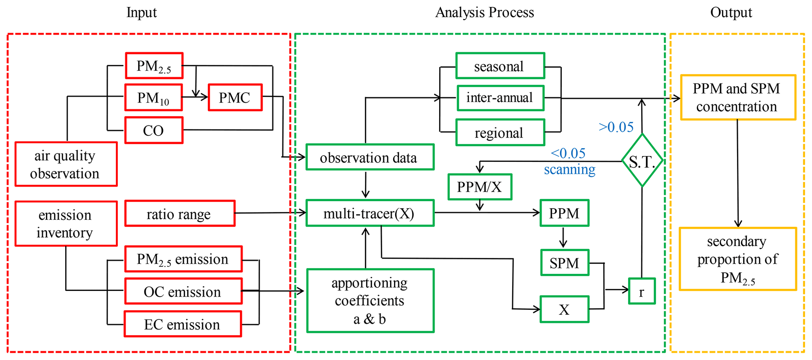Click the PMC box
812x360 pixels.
coord(235,97)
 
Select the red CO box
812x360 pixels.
coord(154,130)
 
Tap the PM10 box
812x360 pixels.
coord(154,97)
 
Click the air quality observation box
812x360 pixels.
coord(66,164)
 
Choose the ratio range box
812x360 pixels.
coord(180,214)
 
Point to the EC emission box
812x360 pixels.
coord(183,324)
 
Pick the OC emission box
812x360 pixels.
coord(183,291)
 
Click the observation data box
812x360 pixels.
coord(370,157)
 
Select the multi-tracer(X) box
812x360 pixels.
coord(370,213)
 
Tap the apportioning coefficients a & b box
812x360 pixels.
coord(370,301)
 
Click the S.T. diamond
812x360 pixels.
coord(642,161)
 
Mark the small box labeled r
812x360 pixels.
coord(642,291)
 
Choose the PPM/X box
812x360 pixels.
coord(480,187)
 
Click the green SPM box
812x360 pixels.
coord(565,263)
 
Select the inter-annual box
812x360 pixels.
coord(500,98)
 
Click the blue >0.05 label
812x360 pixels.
coord(616,127)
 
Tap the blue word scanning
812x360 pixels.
coord(570,169)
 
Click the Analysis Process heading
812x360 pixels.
coord(484,13)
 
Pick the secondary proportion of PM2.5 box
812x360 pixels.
coord(738,259)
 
